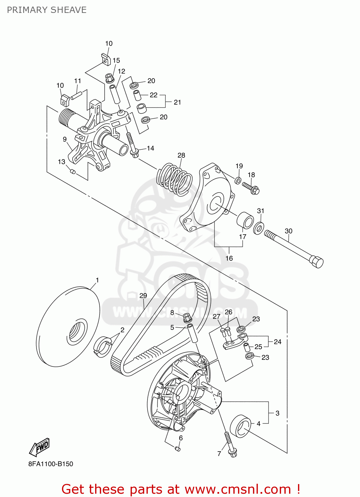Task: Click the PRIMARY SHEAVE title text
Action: (x=47, y=10)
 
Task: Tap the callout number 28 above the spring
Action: (x=181, y=155)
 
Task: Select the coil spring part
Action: (x=174, y=179)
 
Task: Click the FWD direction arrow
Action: (x=40, y=447)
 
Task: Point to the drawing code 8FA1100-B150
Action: (x=51, y=464)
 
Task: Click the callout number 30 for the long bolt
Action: (x=288, y=231)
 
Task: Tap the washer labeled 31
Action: (x=259, y=228)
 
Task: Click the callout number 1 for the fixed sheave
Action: (x=97, y=280)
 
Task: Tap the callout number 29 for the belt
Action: (x=143, y=296)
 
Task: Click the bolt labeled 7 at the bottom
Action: (x=230, y=444)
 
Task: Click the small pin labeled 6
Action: (x=177, y=449)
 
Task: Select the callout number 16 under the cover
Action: (x=229, y=258)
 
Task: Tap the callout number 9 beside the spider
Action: (x=65, y=139)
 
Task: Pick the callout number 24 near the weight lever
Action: (x=277, y=342)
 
